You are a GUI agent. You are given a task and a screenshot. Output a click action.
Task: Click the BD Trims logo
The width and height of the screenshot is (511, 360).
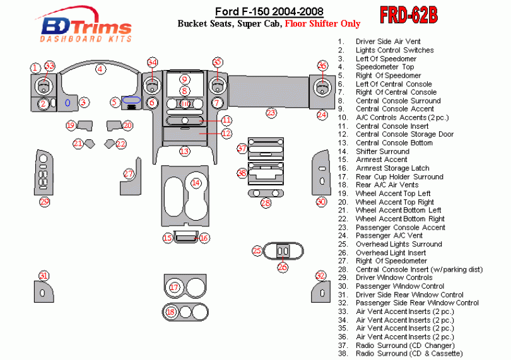(86, 27)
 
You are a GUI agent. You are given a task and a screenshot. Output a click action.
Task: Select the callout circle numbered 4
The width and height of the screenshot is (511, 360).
(100, 69)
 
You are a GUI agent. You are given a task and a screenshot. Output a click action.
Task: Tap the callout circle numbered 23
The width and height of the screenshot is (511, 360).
(271, 113)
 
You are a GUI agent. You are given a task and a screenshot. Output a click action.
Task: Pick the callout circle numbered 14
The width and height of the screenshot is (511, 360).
(196, 183)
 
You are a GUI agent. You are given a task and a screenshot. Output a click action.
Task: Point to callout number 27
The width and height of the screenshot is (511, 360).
(129, 173)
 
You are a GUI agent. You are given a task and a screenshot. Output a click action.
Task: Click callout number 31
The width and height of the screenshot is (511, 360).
(44, 276)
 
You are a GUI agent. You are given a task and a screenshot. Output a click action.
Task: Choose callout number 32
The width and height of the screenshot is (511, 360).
(321, 276)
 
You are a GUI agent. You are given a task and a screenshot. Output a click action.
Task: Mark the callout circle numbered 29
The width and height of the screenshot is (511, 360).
(44, 202)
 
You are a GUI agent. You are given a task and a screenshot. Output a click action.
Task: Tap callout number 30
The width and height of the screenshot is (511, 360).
(321, 202)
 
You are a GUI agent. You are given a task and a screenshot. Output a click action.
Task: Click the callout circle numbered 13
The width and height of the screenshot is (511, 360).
(184, 151)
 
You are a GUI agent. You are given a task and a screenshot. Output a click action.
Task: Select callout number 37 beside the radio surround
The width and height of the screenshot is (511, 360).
(242, 149)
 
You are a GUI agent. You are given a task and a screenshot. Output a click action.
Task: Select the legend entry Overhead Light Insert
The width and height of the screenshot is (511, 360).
(391, 253)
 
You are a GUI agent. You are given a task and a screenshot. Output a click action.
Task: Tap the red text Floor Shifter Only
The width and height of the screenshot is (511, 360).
(322, 24)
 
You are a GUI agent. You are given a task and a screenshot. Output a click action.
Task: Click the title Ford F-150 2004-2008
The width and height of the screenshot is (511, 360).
(269, 11)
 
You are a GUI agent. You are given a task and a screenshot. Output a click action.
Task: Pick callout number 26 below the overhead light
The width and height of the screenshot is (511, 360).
(282, 267)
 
